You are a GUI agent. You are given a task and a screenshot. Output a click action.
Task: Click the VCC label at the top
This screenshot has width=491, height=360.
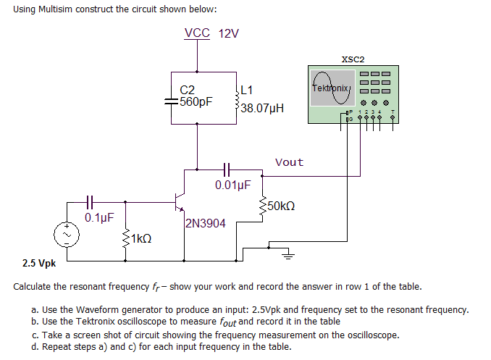tap(197, 33)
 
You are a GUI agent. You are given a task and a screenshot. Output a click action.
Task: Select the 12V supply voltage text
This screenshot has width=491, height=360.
tap(228, 33)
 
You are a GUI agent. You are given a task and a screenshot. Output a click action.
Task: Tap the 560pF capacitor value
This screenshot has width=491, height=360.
tap(196, 102)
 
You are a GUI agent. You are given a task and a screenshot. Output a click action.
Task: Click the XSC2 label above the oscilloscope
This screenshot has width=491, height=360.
tap(353, 59)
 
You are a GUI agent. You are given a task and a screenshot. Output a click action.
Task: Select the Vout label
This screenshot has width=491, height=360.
tap(290, 162)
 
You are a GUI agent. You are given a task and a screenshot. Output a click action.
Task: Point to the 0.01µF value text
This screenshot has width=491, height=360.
tap(232, 185)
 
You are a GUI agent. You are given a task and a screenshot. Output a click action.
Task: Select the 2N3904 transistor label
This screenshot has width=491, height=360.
tap(205, 224)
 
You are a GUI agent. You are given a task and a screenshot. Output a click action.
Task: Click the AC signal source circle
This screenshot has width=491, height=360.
tap(66, 234)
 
